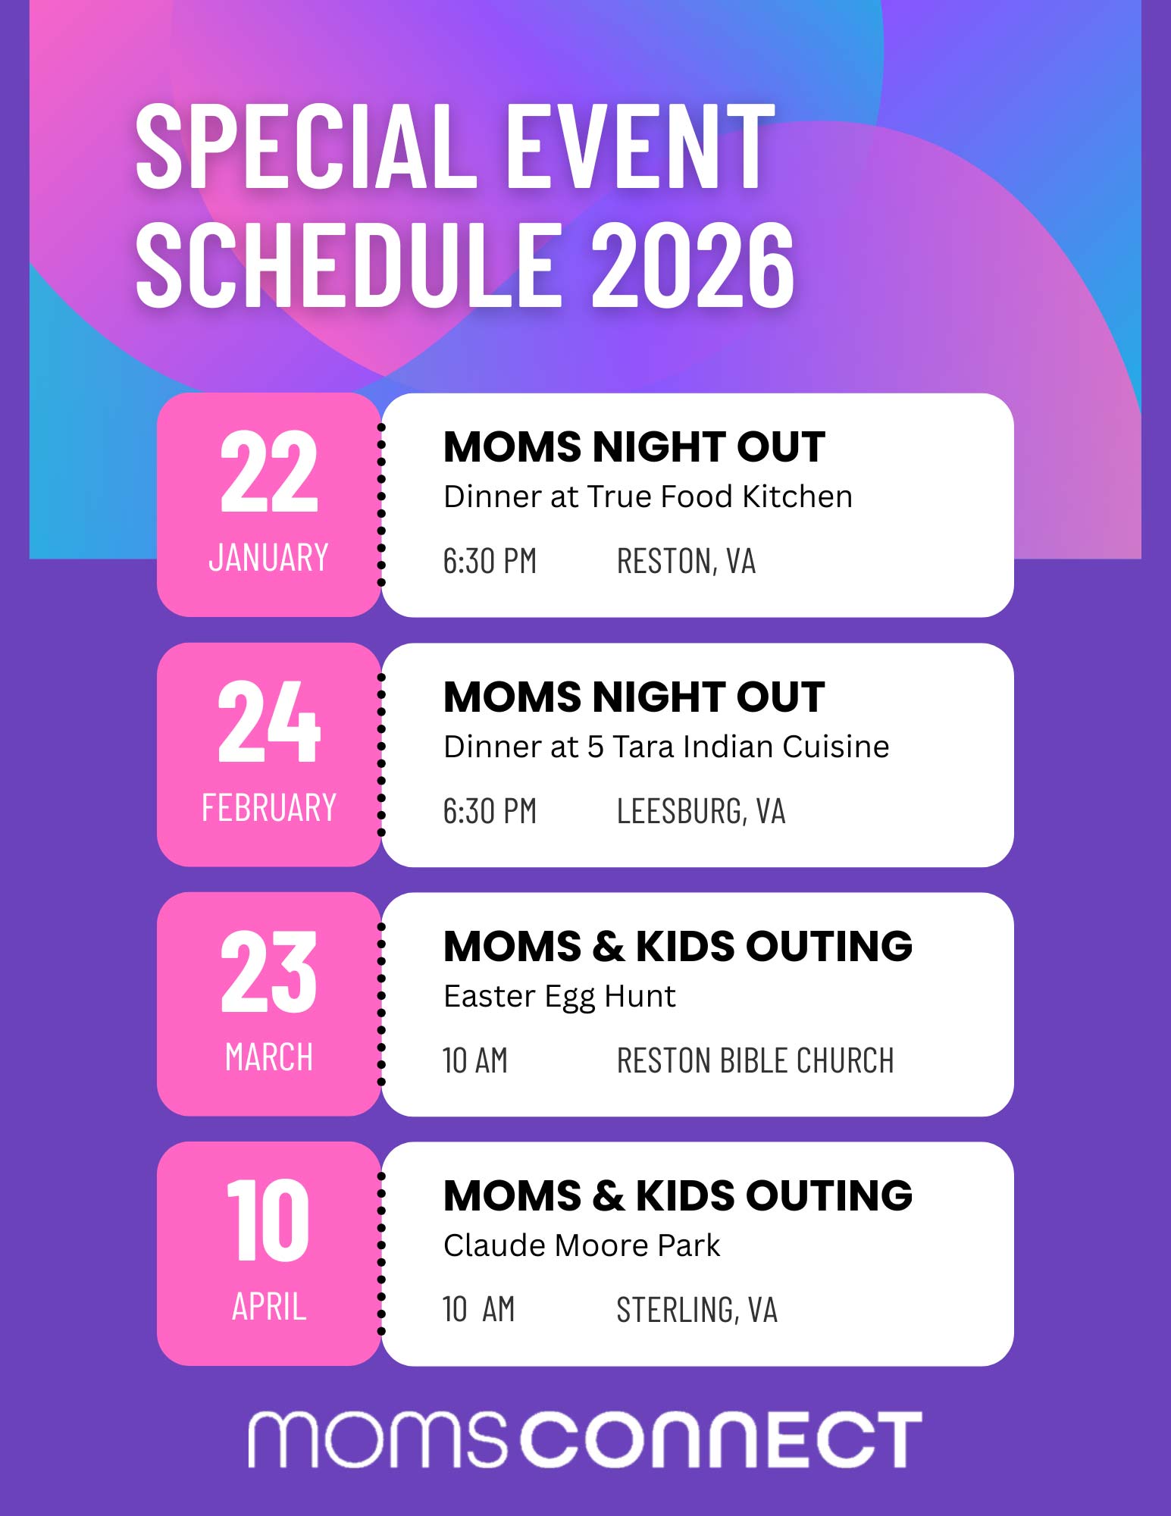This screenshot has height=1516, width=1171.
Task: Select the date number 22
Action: (x=268, y=471)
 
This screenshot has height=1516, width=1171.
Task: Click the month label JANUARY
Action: (x=268, y=558)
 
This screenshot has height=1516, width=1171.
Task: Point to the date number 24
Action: (x=268, y=722)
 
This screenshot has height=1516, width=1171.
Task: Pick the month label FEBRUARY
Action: (x=268, y=808)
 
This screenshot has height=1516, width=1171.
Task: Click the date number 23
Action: (x=268, y=972)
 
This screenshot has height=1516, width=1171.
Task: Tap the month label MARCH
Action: (x=268, y=1057)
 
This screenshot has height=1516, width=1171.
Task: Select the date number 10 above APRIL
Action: (x=268, y=1221)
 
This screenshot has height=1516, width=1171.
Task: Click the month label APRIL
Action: (x=268, y=1307)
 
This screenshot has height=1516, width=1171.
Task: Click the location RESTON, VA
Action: (x=686, y=562)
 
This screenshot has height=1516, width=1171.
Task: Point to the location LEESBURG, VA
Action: (x=700, y=812)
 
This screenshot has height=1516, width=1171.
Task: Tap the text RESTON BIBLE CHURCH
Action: (x=755, y=1061)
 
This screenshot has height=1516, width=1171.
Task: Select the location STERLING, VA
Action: (x=697, y=1311)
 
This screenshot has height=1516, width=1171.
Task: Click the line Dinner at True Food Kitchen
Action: (x=647, y=497)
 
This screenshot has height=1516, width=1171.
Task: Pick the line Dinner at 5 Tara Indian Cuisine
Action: (x=665, y=747)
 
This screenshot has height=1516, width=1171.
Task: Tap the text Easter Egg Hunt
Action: (x=559, y=997)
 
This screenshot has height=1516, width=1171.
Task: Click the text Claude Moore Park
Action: (x=581, y=1246)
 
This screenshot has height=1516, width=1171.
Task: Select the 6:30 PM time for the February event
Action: (x=490, y=812)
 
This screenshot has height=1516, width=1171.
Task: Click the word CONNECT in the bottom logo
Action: (x=724, y=1439)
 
